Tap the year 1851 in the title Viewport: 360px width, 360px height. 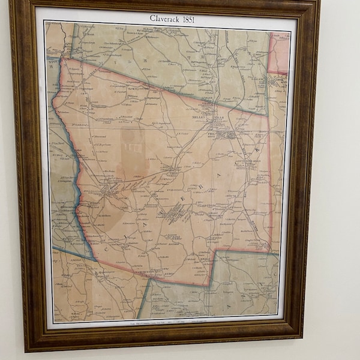tap(187, 19)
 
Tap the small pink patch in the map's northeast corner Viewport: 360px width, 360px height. tap(278, 51)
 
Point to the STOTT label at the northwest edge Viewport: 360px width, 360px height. tap(52, 61)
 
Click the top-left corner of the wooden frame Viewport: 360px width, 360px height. tap(10, 2)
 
